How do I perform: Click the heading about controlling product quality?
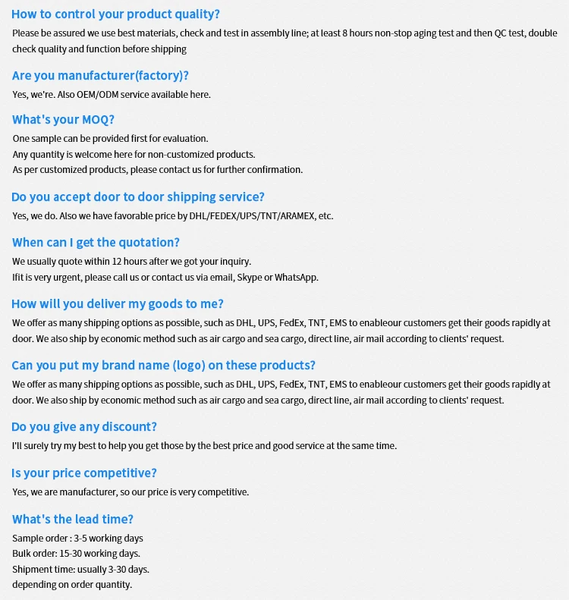[115, 14]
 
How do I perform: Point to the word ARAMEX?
[297, 216]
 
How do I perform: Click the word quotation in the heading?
[145, 243]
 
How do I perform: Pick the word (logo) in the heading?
[188, 366]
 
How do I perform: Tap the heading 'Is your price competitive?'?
[84, 473]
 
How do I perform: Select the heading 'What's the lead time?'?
[73, 520]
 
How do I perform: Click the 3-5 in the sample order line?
[78, 539]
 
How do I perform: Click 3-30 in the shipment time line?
[115, 569]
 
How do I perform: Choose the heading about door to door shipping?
[138, 197]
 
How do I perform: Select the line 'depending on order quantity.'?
[72, 585]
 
